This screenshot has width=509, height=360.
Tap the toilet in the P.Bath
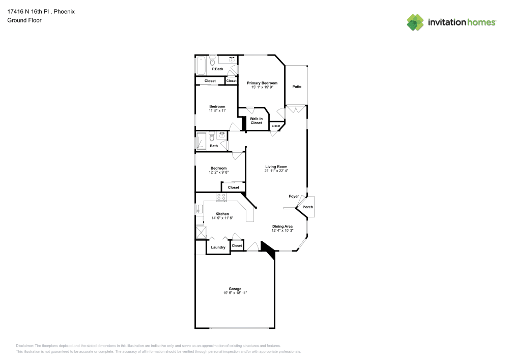pyautogui.click(x=212, y=59)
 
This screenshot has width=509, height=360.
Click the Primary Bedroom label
pyautogui.click(x=262, y=83)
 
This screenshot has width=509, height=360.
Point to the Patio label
pyautogui.click(x=297, y=87)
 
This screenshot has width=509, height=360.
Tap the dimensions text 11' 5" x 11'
pyautogui.click(x=217, y=110)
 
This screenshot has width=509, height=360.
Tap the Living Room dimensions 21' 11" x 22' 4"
pyautogui.click(x=276, y=171)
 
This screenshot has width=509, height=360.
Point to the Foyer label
pyautogui.click(x=294, y=196)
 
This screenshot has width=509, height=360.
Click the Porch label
pyautogui.click(x=308, y=207)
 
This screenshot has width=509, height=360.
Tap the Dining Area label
pyautogui.click(x=282, y=226)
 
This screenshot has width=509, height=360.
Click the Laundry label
pyautogui.click(x=218, y=247)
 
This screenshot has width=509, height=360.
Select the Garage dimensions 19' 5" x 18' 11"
pyautogui.click(x=235, y=293)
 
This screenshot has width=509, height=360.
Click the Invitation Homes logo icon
pyautogui.click(x=415, y=22)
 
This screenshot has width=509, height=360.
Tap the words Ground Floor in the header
pyautogui.click(x=24, y=20)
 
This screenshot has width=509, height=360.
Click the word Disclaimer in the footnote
pyautogui.click(x=25, y=345)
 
